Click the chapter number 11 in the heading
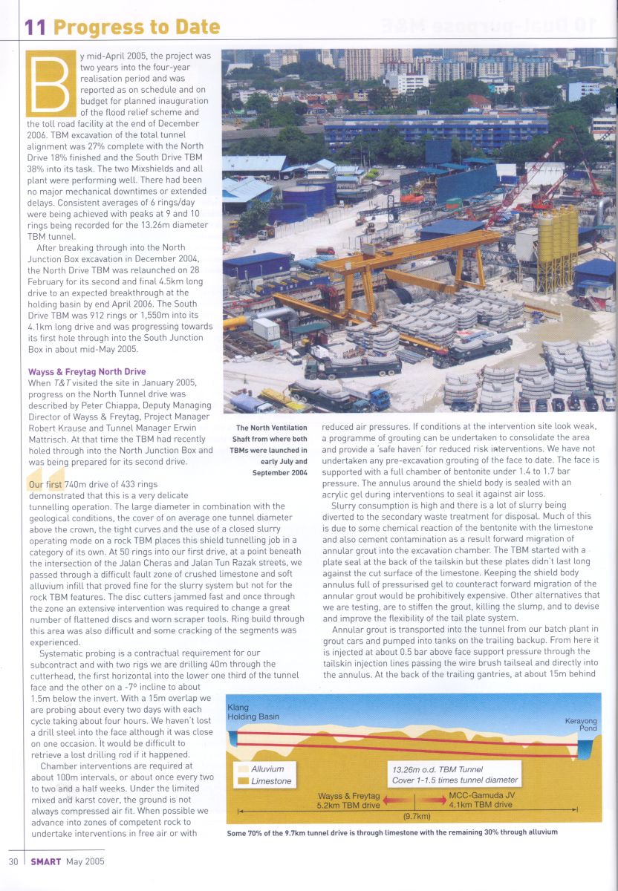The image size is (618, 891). [36, 27]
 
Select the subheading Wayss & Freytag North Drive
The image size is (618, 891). [87, 371]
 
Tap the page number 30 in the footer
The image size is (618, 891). [13, 862]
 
